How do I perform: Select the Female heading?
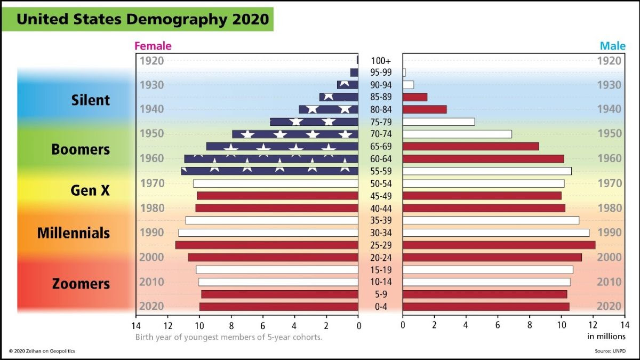click(x=153, y=46)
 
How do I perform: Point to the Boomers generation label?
click(x=81, y=149)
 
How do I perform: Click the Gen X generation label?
click(x=90, y=190)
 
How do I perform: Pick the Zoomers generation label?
click(x=81, y=284)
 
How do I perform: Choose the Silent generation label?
click(x=91, y=100)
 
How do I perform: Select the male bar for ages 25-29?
click(x=499, y=245)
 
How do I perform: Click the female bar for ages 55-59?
click(x=269, y=171)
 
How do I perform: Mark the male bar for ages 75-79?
click(x=438, y=122)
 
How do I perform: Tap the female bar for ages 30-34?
click(x=268, y=233)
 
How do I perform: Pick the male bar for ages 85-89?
click(x=415, y=97)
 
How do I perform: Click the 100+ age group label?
click(x=380, y=61)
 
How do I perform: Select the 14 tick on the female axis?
click(x=136, y=325)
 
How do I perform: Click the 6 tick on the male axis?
click(x=498, y=325)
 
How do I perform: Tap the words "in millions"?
click(x=606, y=337)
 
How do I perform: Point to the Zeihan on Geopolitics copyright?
click(x=42, y=351)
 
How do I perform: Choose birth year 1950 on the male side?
click(x=609, y=133)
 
